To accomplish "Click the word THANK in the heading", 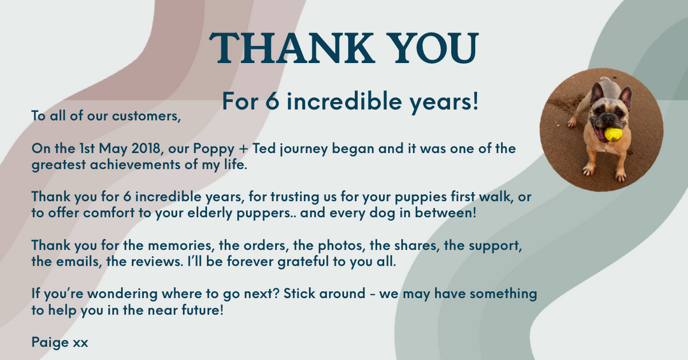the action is pos(292,48).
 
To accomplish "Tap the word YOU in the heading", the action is pos(434,48).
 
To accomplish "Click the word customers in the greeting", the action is pos(146,116).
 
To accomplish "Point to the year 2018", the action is pos(146,148).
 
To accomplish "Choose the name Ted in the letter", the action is pos(264,148).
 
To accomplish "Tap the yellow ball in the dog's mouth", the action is pos(613,134).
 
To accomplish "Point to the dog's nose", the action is pos(610,117).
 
